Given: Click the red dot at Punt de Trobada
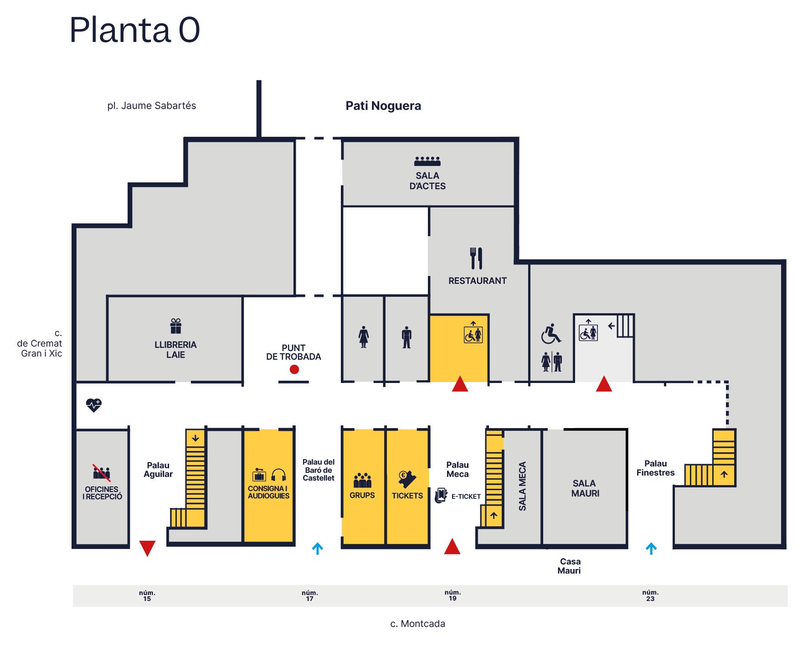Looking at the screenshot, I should (x=294, y=369).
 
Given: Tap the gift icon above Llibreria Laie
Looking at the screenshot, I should (x=176, y=326).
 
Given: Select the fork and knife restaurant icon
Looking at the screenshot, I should (x=476, y=258).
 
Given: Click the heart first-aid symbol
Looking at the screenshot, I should (x=94, y=405).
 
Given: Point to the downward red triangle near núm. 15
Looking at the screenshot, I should (x=147, y=548).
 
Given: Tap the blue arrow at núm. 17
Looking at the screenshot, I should (x=318, y=549).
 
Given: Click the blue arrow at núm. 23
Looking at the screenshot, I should (x=651, y=549).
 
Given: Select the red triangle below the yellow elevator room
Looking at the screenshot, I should (x=460, y=384).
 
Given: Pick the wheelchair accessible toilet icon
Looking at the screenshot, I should (x=551, y=334).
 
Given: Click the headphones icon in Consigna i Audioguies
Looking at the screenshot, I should (x=278, y=476).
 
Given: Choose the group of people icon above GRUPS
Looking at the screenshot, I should (x=362, y=480).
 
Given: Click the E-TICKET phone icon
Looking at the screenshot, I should (x=441, y=495).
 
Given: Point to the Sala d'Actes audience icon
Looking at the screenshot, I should (x=427, y=161).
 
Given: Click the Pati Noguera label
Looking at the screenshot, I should (x=383, y=106).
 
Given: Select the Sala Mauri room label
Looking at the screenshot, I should (x=585, y=488).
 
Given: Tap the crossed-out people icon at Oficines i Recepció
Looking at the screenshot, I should (x=102, y=473).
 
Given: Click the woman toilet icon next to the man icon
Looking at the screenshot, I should (x=363, y=337).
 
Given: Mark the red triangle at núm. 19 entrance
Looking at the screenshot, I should (x=452, y=547).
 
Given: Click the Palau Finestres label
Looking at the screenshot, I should (x=655, y=468).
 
